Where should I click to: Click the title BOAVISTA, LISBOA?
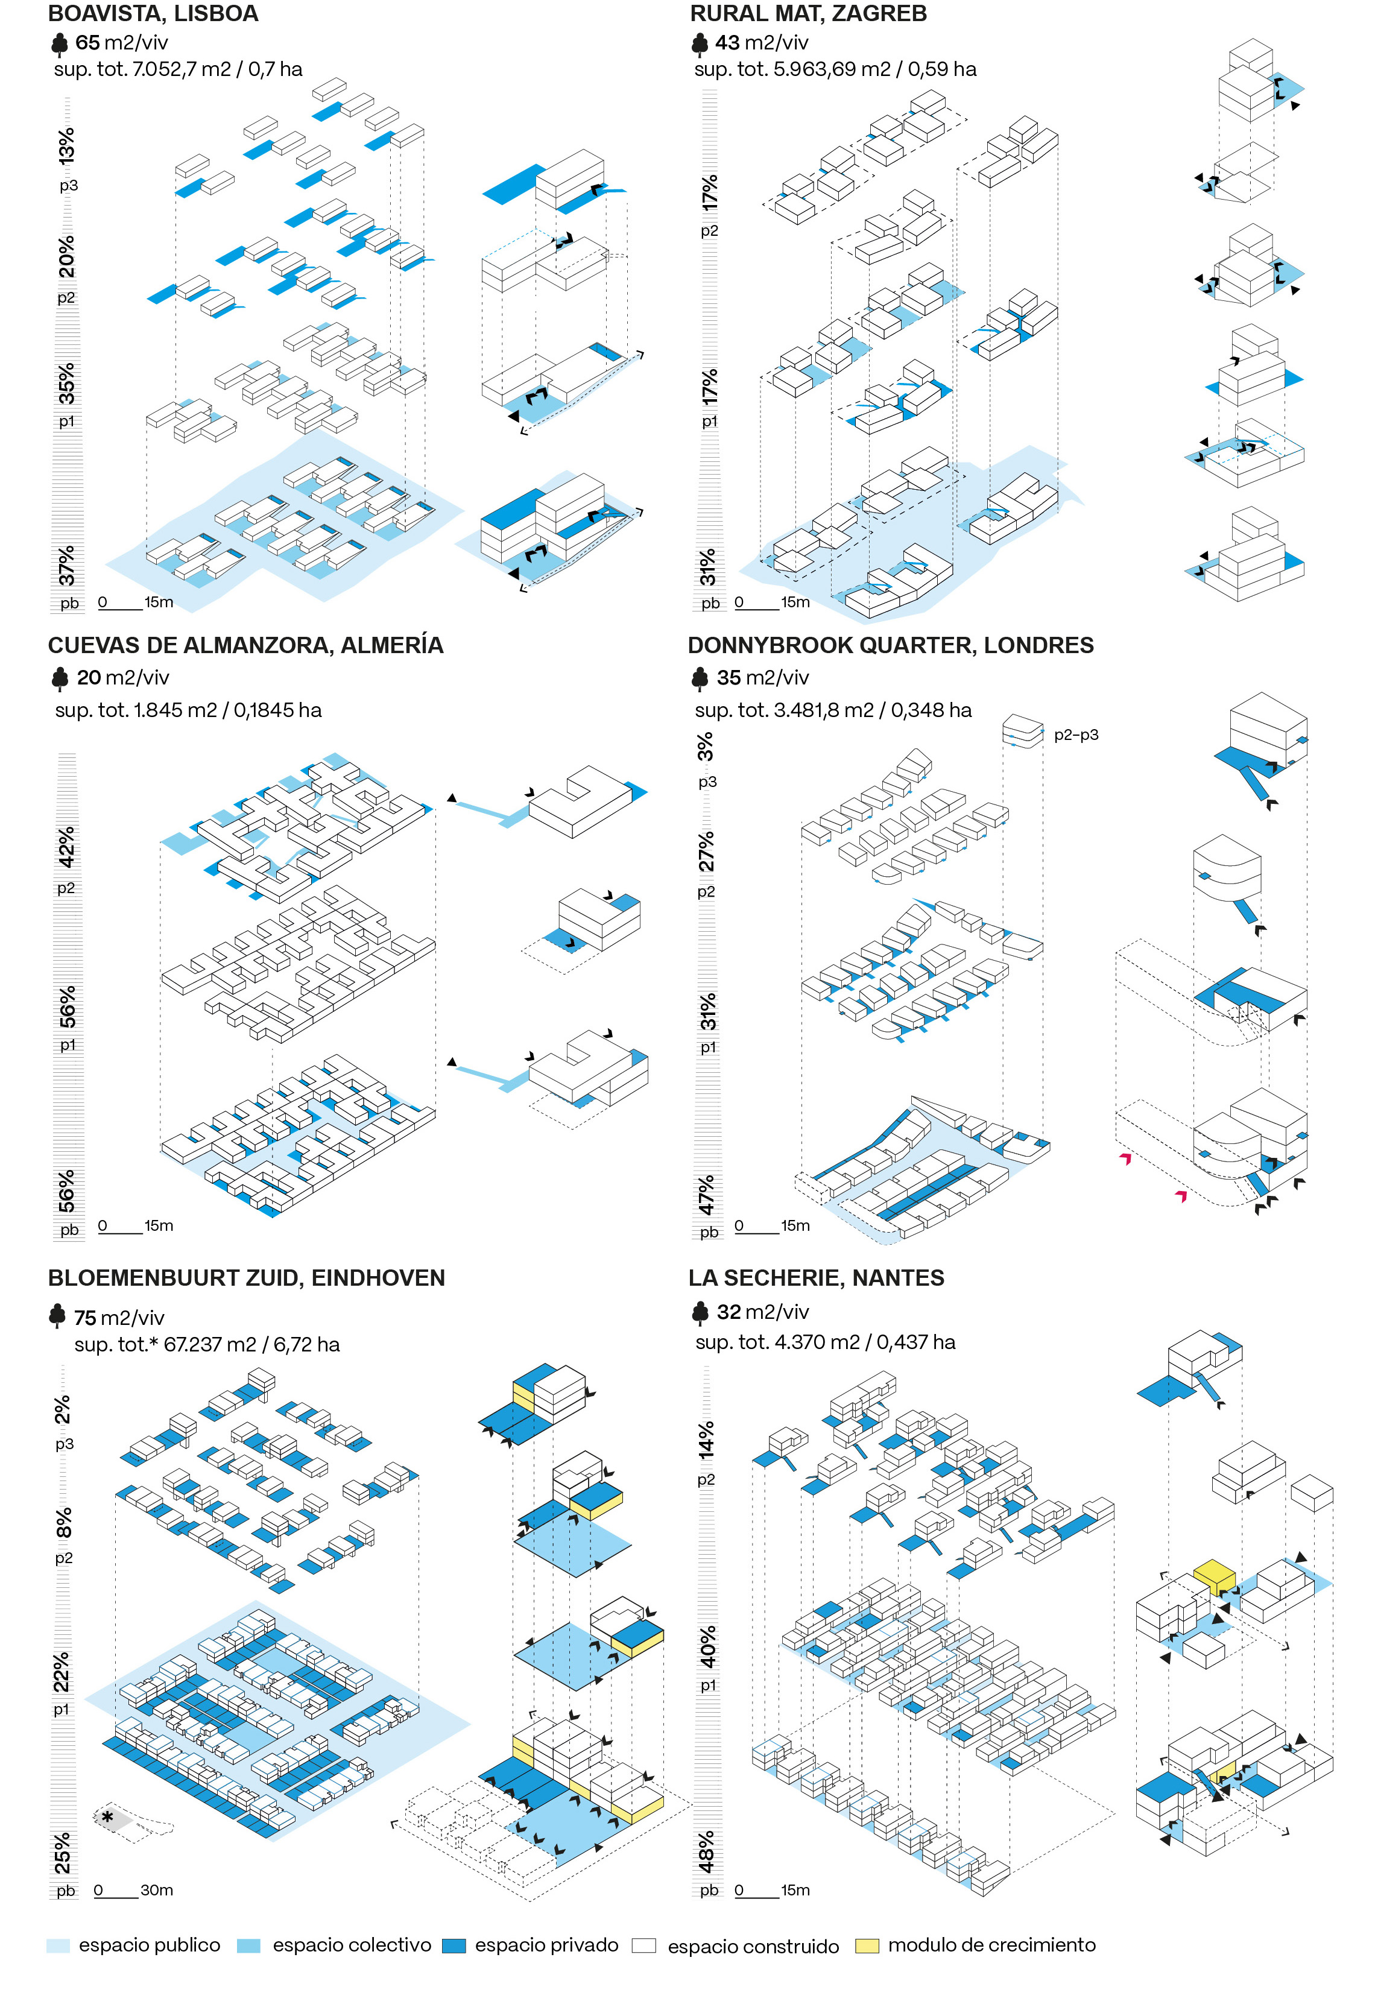(x=153, y=14)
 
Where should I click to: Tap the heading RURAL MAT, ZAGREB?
(x=808, y=14)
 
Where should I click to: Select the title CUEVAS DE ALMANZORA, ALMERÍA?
(x=245, y=645)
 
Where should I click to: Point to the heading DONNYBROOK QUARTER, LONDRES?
(x=890, y=645)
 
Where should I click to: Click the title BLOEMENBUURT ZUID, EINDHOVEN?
(x=247, y=1278)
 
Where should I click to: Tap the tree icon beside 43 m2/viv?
(x=700, y=43)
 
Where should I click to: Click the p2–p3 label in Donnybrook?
(x=1076, y=735)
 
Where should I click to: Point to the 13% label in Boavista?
(x=66, y=145)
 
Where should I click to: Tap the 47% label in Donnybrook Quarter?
(x=707, y=1193)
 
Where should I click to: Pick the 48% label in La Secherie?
(x=707, y=1851)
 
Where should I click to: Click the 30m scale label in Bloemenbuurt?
(x=157, y=1891)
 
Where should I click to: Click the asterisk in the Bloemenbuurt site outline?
(x=107, y=1817)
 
